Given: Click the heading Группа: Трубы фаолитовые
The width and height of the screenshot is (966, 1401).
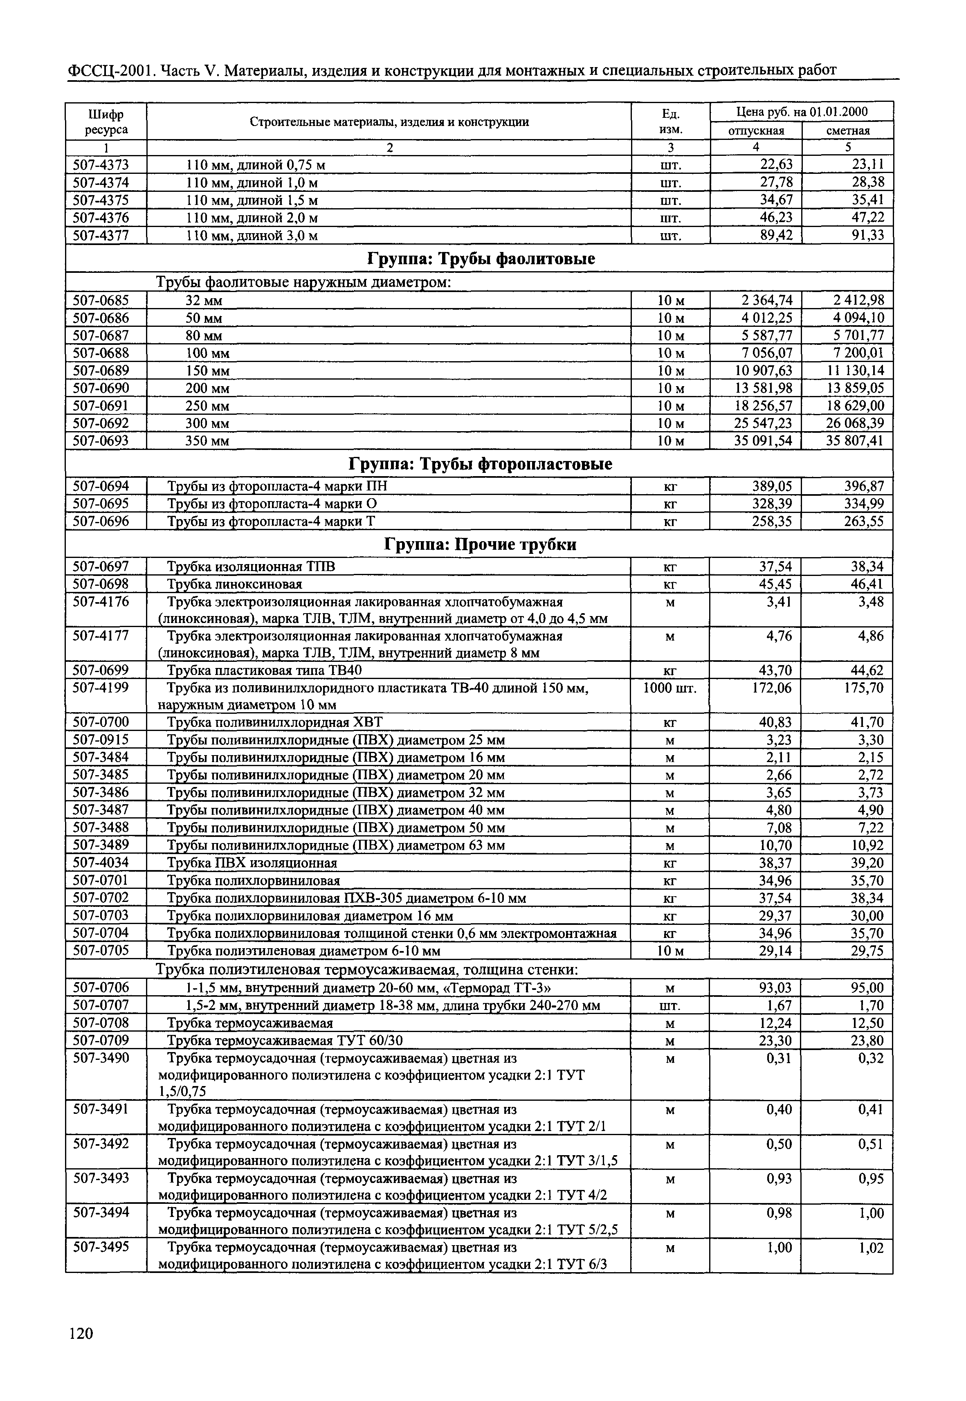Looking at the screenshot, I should click(481, 259).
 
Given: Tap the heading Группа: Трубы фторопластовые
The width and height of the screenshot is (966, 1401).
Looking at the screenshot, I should click(481, 464).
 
